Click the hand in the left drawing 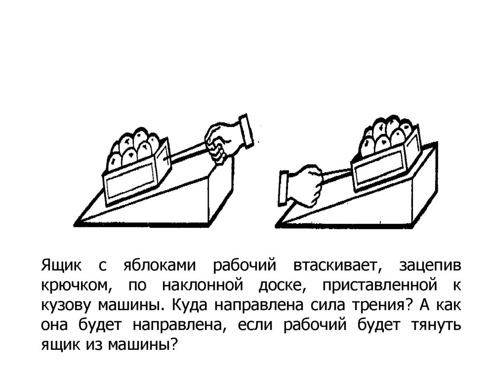point(222,140)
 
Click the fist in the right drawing point(306,183)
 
